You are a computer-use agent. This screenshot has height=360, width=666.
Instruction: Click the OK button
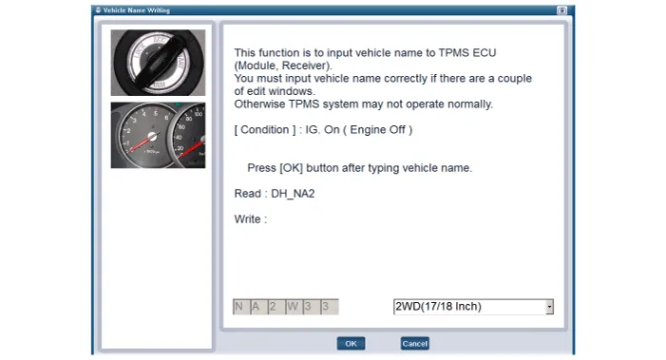coord(351,344)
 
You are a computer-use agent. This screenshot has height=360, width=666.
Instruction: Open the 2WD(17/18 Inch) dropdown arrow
coord(550,307)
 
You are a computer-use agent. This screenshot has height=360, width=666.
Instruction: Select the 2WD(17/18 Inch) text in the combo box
coord(438,307)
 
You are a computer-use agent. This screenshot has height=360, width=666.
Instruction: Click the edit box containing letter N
coord(241,307)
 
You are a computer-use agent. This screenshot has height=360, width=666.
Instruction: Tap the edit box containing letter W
coord(294,307)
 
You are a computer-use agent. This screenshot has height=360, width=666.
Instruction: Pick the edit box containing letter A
coord(258,307)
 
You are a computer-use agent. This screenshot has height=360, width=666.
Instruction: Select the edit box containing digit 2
coord(276,307)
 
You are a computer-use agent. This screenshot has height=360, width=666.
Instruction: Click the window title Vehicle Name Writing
coord(137,10)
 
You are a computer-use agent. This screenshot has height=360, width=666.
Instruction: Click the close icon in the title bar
coord(561,10)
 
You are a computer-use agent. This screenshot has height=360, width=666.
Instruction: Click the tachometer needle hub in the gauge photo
coord(152,137)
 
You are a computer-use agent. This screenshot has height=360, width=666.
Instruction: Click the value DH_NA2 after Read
coord(293,194)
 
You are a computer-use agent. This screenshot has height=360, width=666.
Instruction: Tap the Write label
coord(248,219)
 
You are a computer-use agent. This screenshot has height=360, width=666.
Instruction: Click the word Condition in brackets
coord(265,129)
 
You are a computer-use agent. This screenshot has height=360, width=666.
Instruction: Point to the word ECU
coord(485,52)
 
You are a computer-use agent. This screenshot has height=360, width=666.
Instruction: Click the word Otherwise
coord(259,104)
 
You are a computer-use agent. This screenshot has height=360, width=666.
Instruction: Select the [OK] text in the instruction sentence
coord(291,168)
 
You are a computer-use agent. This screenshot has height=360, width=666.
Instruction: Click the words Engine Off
coord(377,129)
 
